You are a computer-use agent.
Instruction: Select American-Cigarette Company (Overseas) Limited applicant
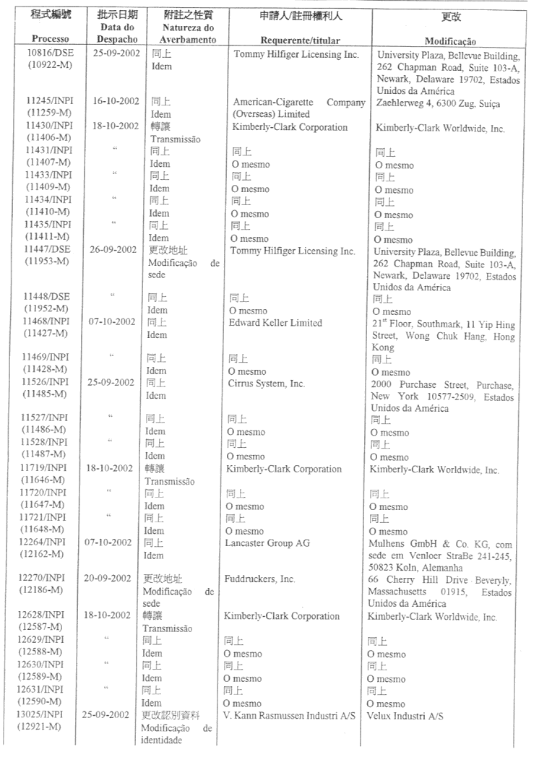(x=299, y=108)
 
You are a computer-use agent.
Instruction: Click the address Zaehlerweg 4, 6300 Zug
(x=445, y=103)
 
